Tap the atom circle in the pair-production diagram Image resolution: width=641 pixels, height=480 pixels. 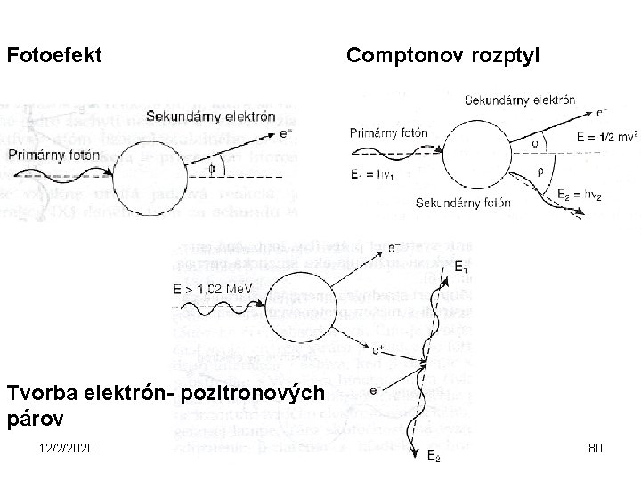tap(303, 308)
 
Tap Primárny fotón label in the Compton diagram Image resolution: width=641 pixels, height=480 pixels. tap(390, 133)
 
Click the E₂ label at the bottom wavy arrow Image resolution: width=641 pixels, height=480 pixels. tap(433, 458)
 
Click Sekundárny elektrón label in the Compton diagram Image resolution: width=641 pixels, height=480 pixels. tap(519, 100)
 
